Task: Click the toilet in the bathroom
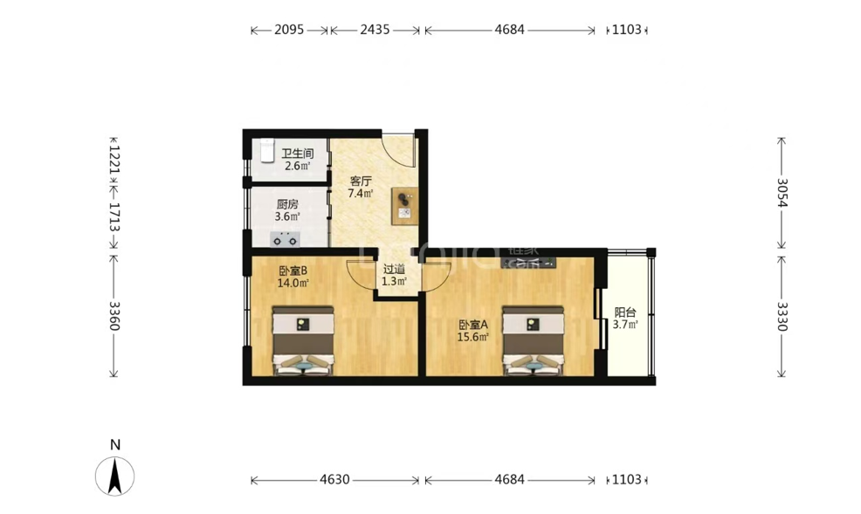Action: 267,150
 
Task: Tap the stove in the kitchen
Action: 285,240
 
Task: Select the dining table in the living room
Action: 404,206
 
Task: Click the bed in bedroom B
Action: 303,340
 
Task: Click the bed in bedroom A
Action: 534,340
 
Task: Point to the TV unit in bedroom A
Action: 529,263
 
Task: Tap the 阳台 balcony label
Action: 625,312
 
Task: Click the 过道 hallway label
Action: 394,269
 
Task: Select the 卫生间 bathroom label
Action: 297,154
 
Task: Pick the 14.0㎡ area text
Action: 293,283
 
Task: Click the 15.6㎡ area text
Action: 472,337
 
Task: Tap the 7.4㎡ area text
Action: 361,193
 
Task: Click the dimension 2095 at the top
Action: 289,30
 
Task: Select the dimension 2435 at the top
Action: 375,30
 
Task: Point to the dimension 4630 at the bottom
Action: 334,480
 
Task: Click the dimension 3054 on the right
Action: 782,193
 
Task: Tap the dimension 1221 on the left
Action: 114,159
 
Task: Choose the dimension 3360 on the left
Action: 114,316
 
